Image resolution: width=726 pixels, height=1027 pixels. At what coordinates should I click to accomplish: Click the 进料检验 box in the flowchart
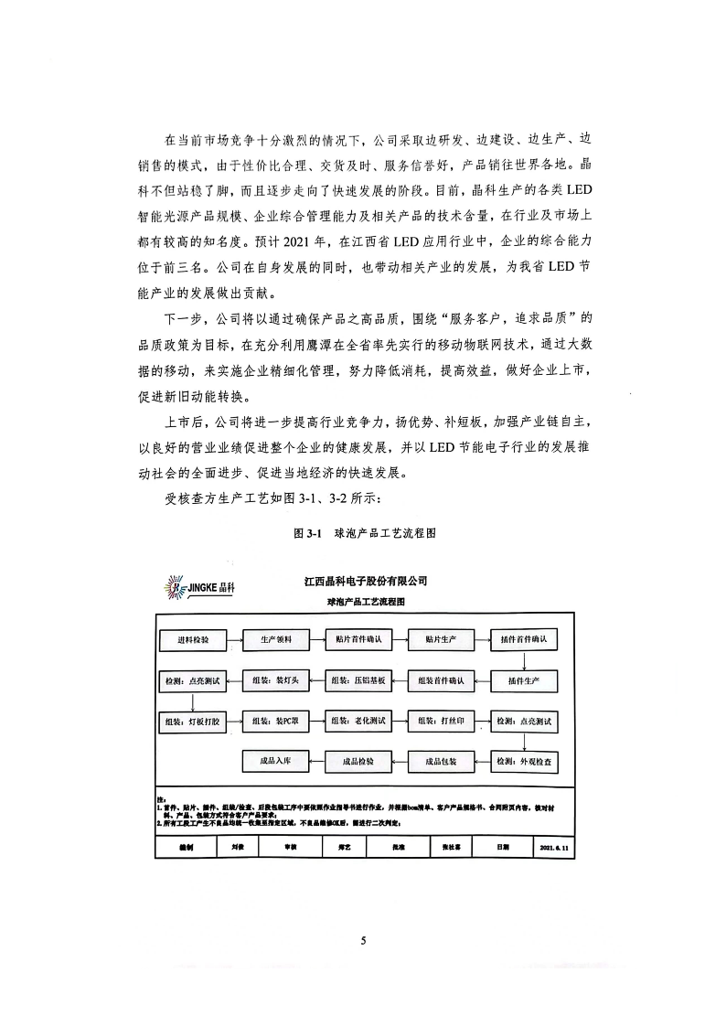tap(193, 640)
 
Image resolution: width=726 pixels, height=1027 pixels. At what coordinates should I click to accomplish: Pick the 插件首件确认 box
tap(525, 640)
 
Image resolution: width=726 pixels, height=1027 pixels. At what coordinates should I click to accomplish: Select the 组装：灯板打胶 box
tap(193, 722)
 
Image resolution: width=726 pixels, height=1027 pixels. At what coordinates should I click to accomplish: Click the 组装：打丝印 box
tap(442, 722)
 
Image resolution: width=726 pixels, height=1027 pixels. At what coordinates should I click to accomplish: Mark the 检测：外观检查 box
tap(525, 761)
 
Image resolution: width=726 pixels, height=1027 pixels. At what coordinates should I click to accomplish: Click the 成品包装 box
tap(442, 761)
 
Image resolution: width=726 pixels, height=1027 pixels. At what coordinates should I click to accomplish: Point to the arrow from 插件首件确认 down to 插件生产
tap(525, 660)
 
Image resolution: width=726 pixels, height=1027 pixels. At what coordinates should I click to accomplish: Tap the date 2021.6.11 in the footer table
tap(554, 848)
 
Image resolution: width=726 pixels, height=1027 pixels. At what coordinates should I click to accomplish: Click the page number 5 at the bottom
tap(363, 941)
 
